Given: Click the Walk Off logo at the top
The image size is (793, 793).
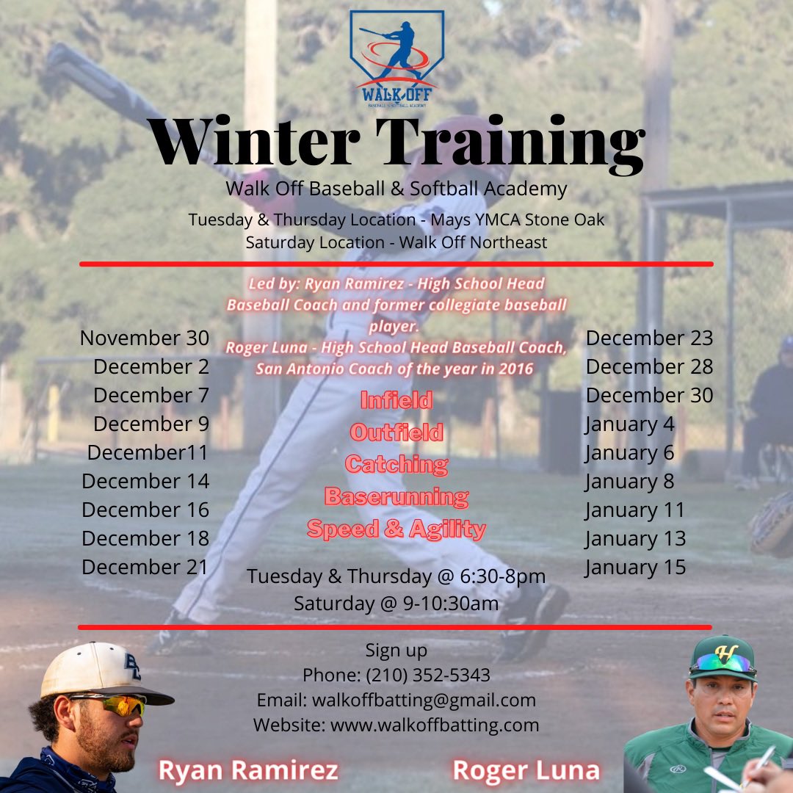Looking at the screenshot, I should tap(396, 59).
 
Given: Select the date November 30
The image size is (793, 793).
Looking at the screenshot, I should tap(145, 338).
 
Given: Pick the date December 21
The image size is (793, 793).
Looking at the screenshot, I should tap(145, 567).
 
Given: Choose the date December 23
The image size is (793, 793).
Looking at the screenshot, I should tap(649, 338).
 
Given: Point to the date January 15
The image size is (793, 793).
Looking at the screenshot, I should tap(635, 567).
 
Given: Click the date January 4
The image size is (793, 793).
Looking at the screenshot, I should tap(629, 424).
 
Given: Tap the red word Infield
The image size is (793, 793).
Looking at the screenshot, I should tap(396, 400).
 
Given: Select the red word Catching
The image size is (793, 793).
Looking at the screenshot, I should tap(396, 464).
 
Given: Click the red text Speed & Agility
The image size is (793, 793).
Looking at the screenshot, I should tap(396, 529).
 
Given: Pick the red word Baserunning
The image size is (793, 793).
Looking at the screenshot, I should tap(396, 496).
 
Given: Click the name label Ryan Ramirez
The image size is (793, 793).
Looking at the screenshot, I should tap(248, 770).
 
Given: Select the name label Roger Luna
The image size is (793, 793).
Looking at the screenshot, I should tap(526, 770).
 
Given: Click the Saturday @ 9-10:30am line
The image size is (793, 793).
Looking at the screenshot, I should tap(396, 604).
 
